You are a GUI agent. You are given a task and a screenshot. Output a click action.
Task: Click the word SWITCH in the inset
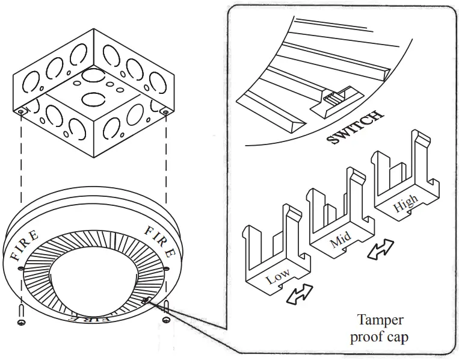tap(354, 128)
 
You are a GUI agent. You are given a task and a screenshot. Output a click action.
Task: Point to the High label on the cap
tap(404, 206)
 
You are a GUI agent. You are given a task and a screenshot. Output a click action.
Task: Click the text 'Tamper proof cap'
tap(380, 328)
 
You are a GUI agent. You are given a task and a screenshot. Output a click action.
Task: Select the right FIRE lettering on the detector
tap(159, 238)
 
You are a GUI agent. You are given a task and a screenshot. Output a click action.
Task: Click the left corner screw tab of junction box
tap(22, 112)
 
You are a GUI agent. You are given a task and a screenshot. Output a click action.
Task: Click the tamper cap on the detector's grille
tap(146, 299)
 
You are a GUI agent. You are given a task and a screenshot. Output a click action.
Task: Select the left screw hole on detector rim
tap(21, 268)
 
